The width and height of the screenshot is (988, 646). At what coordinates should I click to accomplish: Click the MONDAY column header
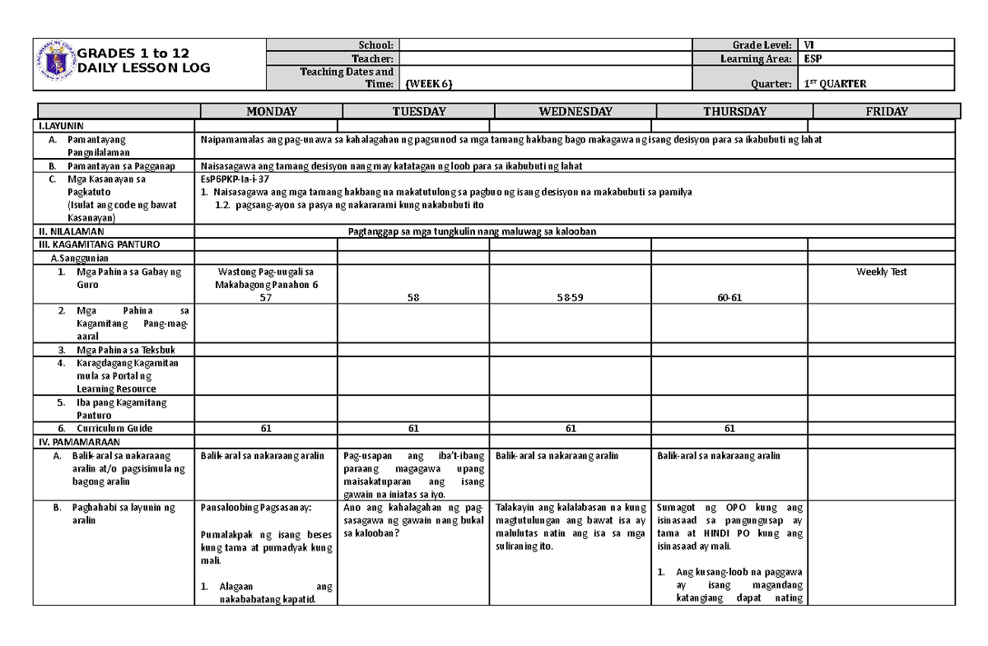coord(267,112)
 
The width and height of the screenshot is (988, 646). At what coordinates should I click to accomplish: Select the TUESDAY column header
coord(418,112)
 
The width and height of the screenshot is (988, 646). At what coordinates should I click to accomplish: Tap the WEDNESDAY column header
coord(575,112)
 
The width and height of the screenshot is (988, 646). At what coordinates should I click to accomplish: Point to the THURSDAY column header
coord(734,112)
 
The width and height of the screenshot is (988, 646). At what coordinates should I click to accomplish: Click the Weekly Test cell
coord(881,272)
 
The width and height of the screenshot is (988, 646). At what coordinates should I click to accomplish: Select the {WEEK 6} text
coord(429,84)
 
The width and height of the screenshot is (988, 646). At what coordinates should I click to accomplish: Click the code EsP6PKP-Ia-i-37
coord(235,178)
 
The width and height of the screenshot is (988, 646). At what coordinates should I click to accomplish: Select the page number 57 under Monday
coord(265,297)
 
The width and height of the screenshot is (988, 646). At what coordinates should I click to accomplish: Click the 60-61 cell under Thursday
coord(729,297)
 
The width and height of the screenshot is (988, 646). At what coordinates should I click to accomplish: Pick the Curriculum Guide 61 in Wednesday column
coord(571,428)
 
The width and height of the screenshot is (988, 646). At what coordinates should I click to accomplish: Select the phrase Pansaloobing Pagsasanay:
coord(248,508)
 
